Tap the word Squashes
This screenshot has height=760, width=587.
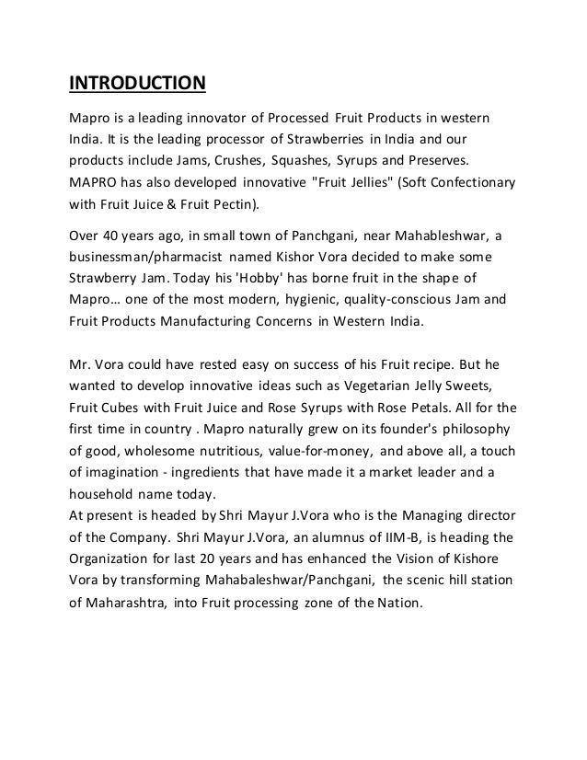(277, 159)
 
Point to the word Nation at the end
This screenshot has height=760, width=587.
(398, 604)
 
